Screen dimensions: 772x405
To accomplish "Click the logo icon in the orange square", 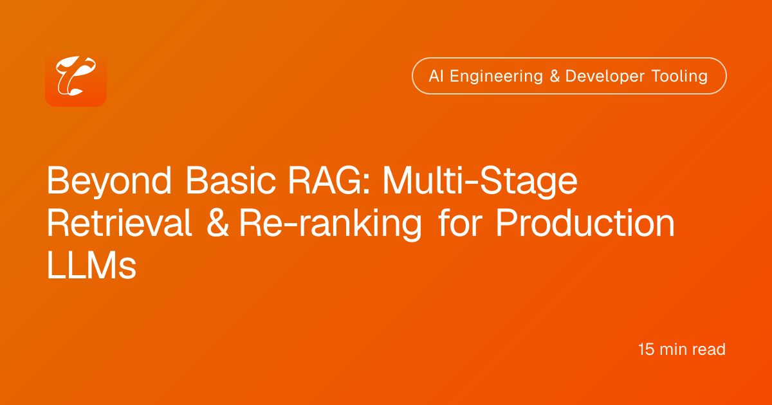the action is click(x=76, y=76).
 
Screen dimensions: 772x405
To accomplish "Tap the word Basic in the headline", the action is click(x=230, y=181).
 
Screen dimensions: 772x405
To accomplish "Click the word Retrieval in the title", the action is click(x=119, y=223).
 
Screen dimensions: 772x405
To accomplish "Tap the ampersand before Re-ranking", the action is click(x=217, y=223).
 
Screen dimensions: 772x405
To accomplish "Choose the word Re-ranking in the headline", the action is click(x=331, y=224).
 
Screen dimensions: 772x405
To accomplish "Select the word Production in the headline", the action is click(x=585, y=222).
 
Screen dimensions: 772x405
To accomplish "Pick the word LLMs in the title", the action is click(x=91, y=265).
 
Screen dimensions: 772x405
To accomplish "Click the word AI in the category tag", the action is click(x=436, y=76).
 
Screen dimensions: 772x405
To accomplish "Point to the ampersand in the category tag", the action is click(x=555, y=76).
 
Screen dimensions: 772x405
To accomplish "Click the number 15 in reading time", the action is click(x=646, y=350).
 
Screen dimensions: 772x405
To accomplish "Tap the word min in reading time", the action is click(x=673, y=350).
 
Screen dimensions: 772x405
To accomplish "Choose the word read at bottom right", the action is click(x=708, y=350).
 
